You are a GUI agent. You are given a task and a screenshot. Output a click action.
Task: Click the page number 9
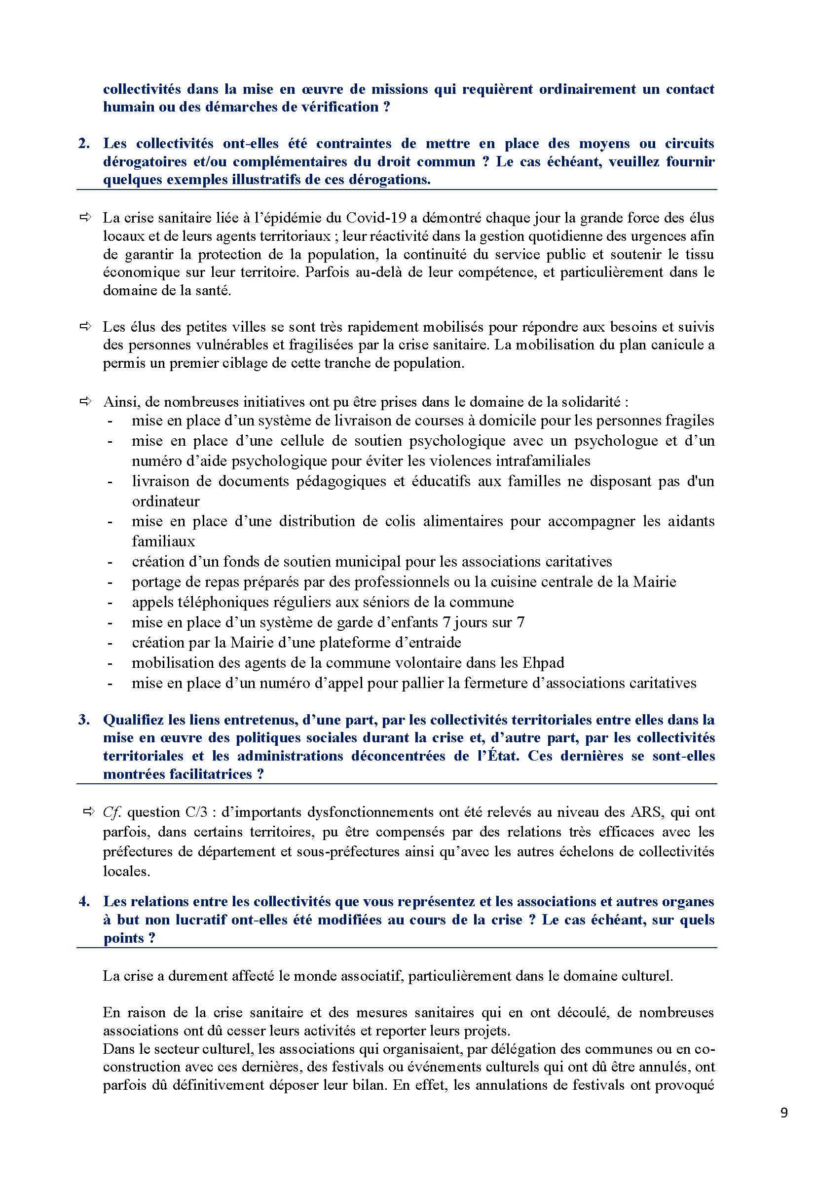coord(784,1112)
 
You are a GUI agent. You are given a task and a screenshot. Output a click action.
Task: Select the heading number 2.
coord(84,144)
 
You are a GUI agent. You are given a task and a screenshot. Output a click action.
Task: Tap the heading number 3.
coord(84,720)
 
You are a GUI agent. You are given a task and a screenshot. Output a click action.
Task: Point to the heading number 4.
coord(84,901)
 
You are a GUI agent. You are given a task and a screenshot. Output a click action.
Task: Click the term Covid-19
coord(376,218)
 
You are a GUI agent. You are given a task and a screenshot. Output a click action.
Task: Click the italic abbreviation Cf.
coord(112,812)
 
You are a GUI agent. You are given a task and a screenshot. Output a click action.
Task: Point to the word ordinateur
coord(166,501)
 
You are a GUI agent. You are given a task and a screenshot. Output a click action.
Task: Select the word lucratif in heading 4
coord(201,920)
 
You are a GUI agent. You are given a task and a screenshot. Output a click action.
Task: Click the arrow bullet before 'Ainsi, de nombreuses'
coord(85,402)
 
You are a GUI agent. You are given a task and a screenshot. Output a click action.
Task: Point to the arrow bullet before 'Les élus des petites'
coord(85,326)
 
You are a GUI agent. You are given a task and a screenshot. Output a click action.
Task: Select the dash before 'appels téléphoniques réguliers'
coord(110,603)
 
